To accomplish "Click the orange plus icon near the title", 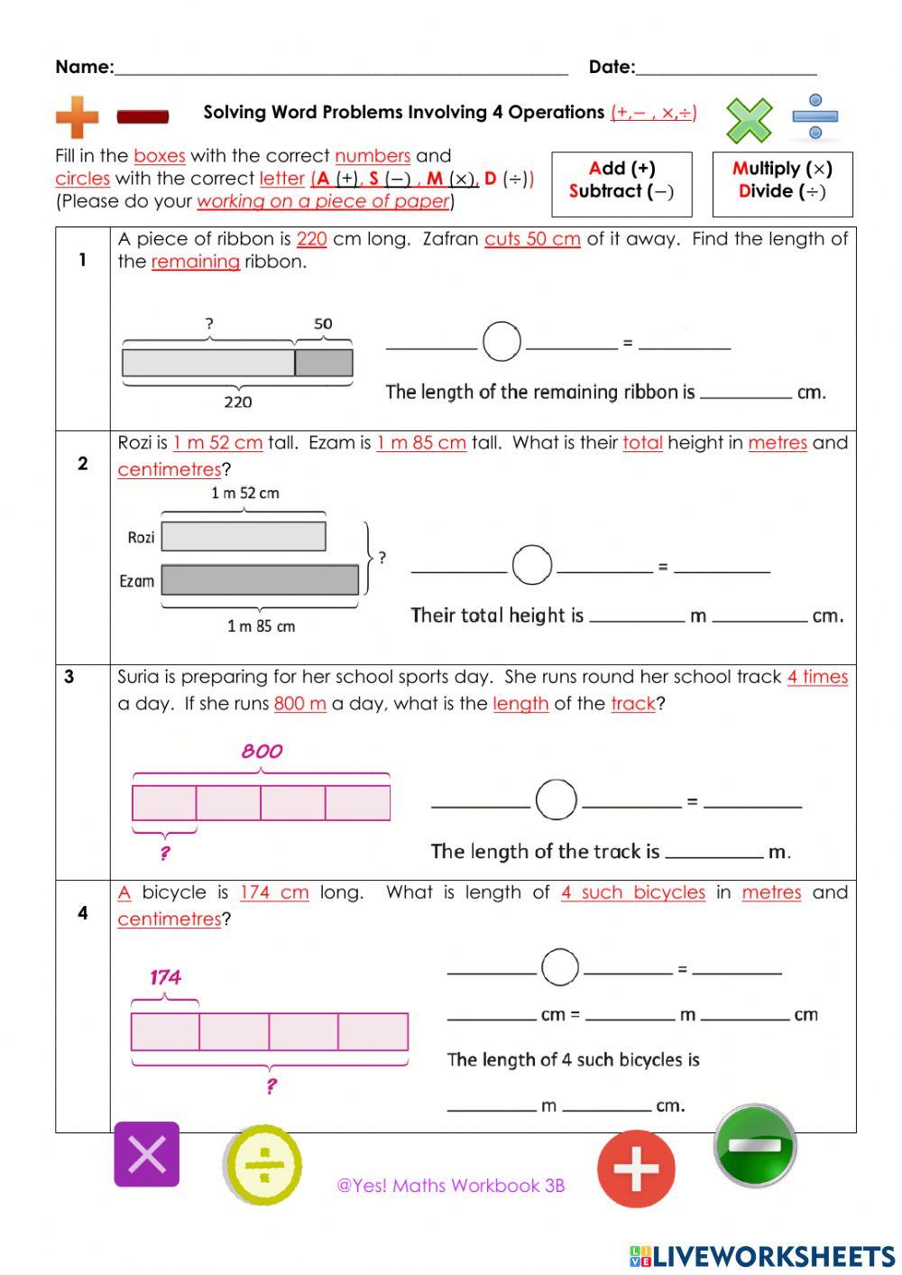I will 77,117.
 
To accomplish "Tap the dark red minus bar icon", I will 143,116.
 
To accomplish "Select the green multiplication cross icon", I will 749,120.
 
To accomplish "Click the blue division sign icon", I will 815,116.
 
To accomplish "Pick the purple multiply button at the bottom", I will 146,1154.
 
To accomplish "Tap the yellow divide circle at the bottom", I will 262,1165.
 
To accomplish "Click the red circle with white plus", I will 636,1169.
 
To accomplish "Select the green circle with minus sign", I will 755,1145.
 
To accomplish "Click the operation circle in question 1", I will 502,342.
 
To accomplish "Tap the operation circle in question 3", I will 556,799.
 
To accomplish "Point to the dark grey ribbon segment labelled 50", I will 324,363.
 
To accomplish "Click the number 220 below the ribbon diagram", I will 237,402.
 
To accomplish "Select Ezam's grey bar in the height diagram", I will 260,580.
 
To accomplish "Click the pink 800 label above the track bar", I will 262,751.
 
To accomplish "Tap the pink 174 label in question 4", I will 165,976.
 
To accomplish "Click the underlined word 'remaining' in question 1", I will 195,262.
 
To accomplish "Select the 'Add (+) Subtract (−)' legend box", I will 621,184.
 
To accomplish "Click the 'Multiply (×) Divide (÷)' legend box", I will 782,184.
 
